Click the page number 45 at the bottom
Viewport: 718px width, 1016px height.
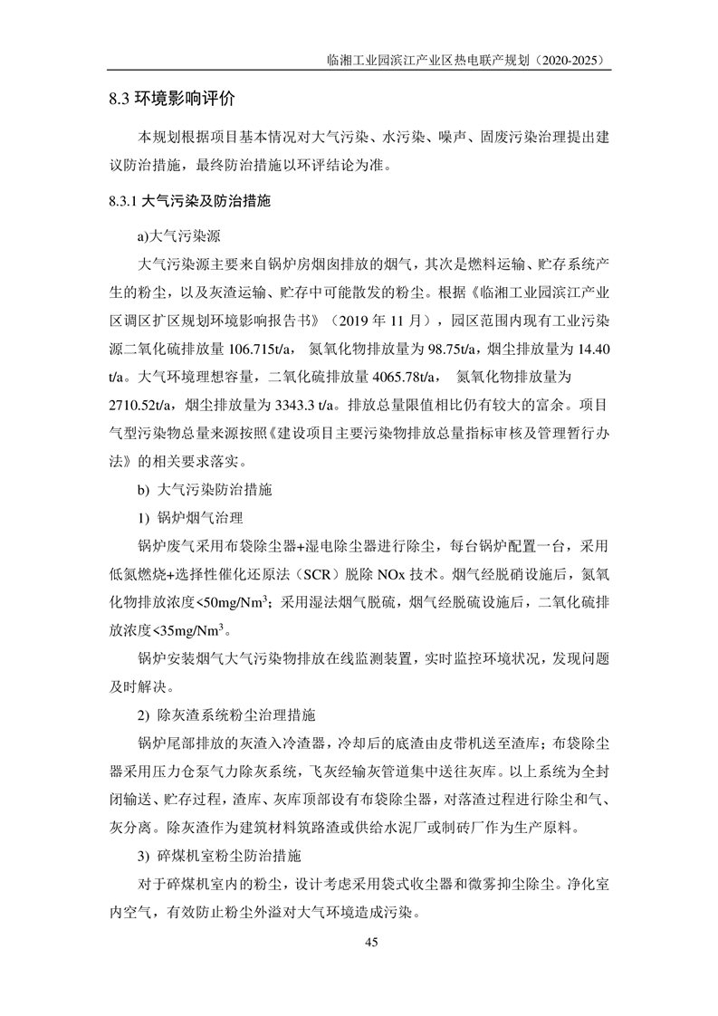click(370, 943)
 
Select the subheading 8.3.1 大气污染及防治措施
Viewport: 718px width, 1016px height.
click(189, 201)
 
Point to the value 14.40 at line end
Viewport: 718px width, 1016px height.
click(589, 349)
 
